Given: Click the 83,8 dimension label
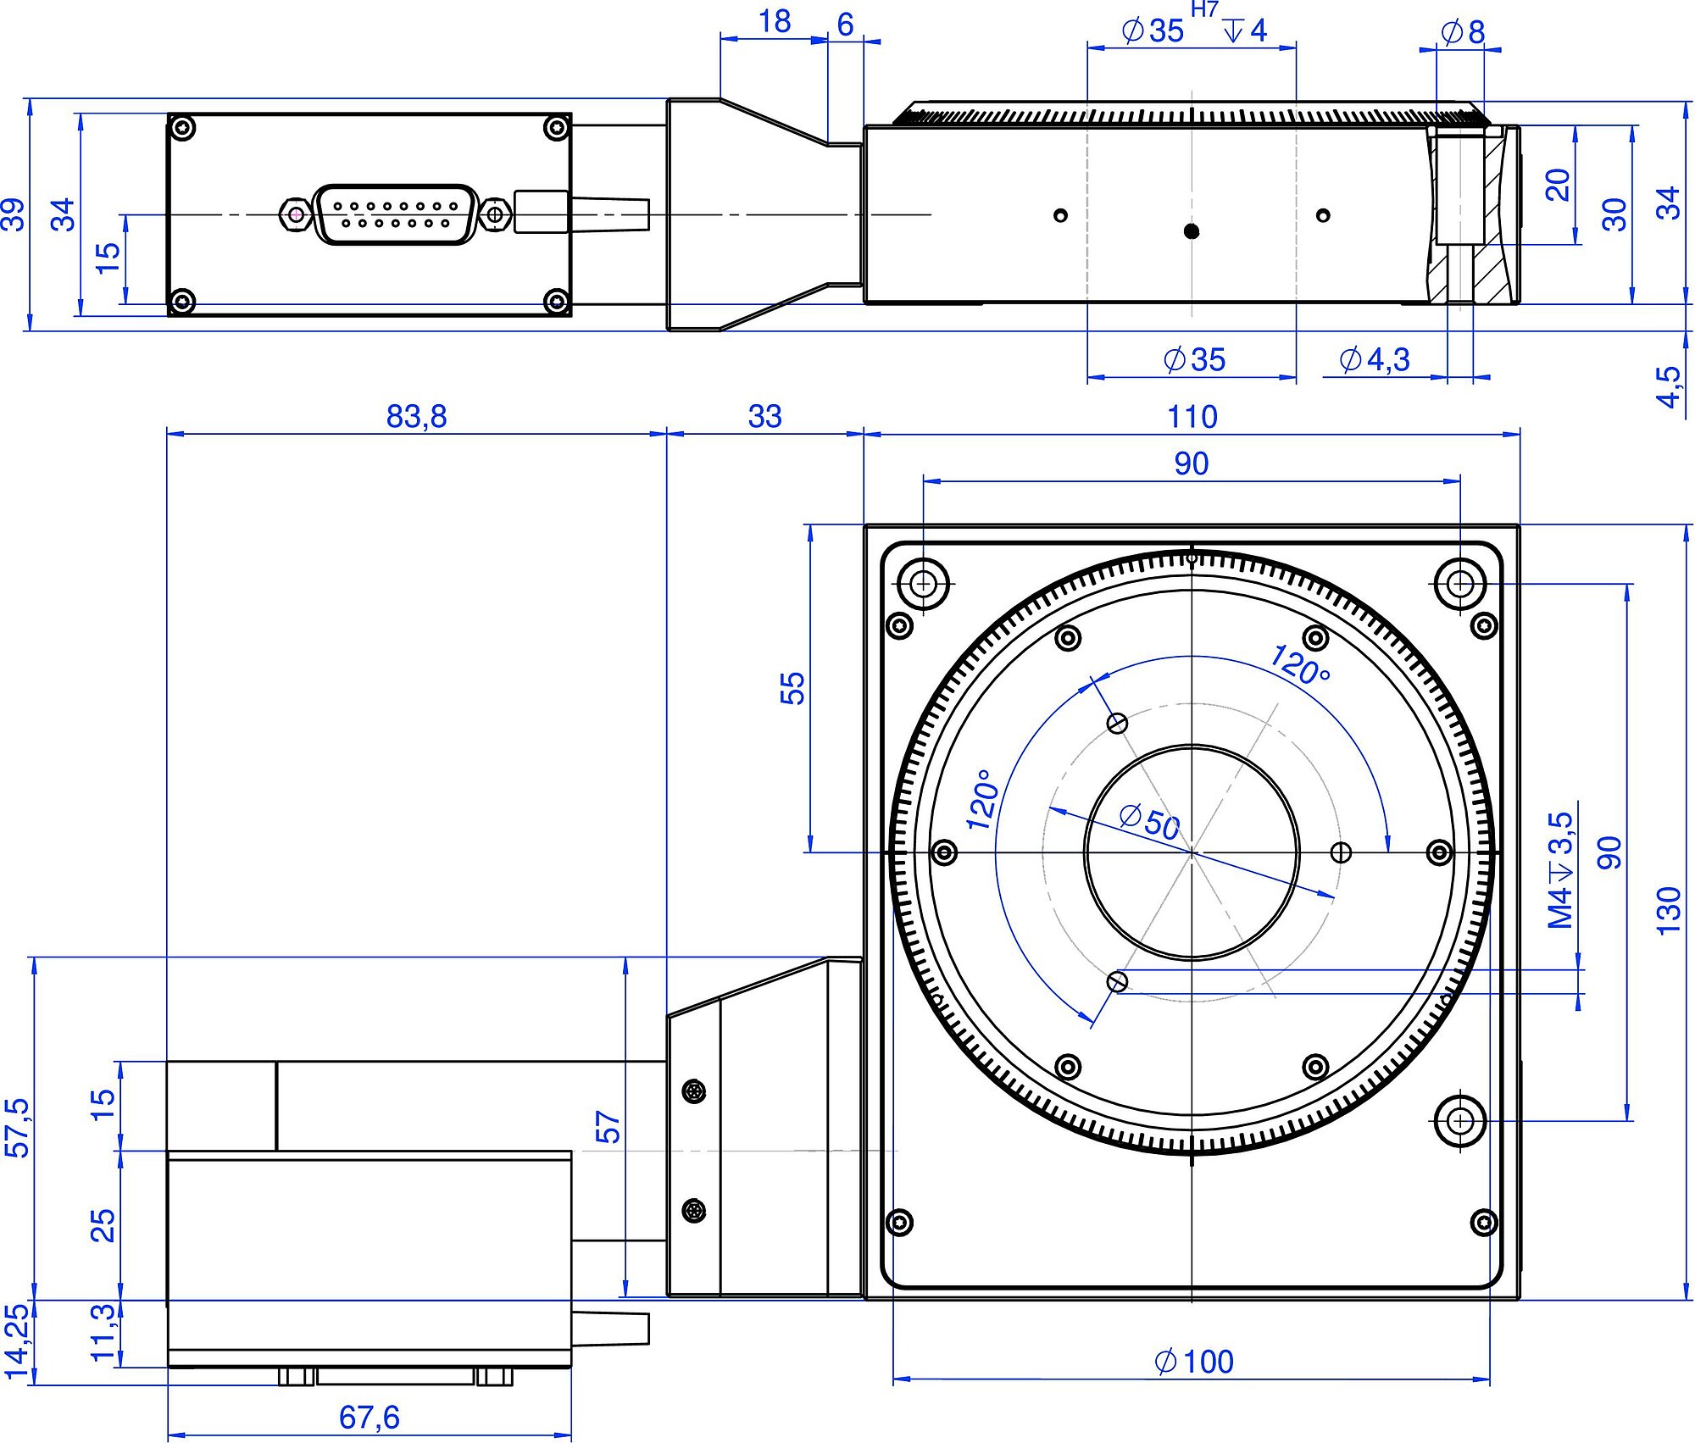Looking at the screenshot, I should [x=416, y=417].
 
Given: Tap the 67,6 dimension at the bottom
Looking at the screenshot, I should [x=369, y=1417].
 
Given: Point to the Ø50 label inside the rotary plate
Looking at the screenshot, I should [x=1149, y=822].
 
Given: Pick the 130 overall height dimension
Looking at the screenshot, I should [x=1668, y=911].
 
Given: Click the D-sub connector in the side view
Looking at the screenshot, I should [x=395, y=214].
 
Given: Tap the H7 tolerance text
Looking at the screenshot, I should [x=1204, y=10].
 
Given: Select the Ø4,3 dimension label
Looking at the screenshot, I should [x=1375, y=359].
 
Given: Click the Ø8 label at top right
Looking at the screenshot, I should [x=1463, y=32].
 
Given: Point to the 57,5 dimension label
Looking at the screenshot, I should [x=17, y=1127].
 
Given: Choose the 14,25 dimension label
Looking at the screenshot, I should [x=17, y=1340].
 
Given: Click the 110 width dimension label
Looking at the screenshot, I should [x=1192, y=417].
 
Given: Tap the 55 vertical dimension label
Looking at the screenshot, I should [x=792, y=688].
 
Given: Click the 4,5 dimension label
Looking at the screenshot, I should [x=1668, y=386].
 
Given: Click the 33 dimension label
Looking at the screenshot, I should [x=764, y=417].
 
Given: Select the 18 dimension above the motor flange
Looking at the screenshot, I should [x=775, y=22].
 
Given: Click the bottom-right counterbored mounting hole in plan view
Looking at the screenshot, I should [x=1459, y=1120].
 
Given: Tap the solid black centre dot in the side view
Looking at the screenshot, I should [x=1192, y=230].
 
